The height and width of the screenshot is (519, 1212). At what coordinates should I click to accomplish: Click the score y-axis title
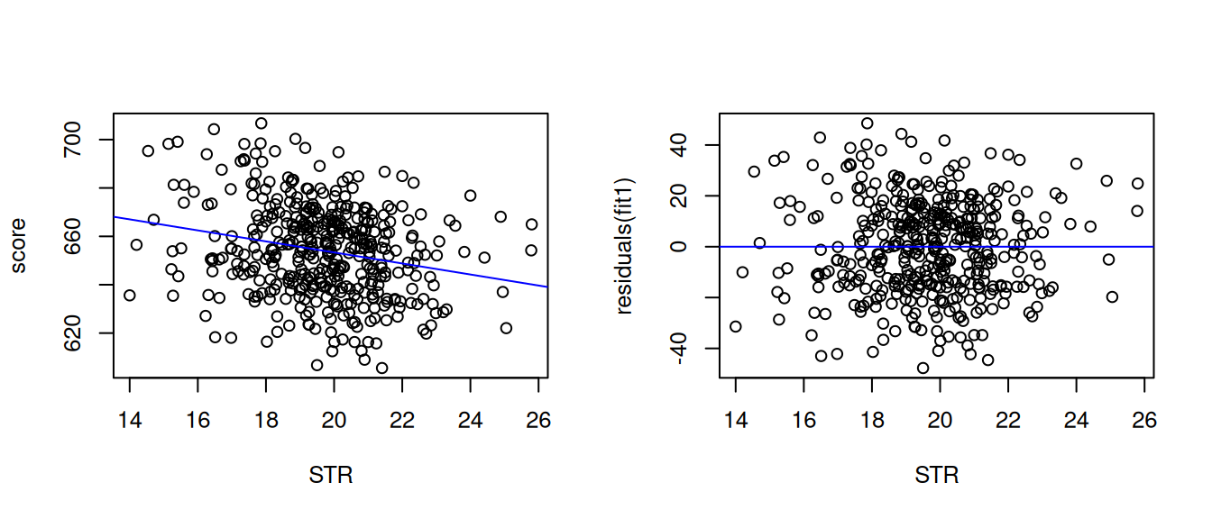point(19,244)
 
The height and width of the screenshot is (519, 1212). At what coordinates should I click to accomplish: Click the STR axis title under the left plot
point(330,475)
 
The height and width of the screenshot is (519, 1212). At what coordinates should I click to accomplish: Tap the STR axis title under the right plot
point(936,475)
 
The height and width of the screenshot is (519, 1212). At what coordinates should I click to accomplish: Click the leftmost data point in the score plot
point(130,295)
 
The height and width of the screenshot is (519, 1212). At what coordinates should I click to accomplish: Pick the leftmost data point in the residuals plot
point(736,326)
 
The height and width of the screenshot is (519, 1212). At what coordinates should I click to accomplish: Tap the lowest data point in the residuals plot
point(923,368)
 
